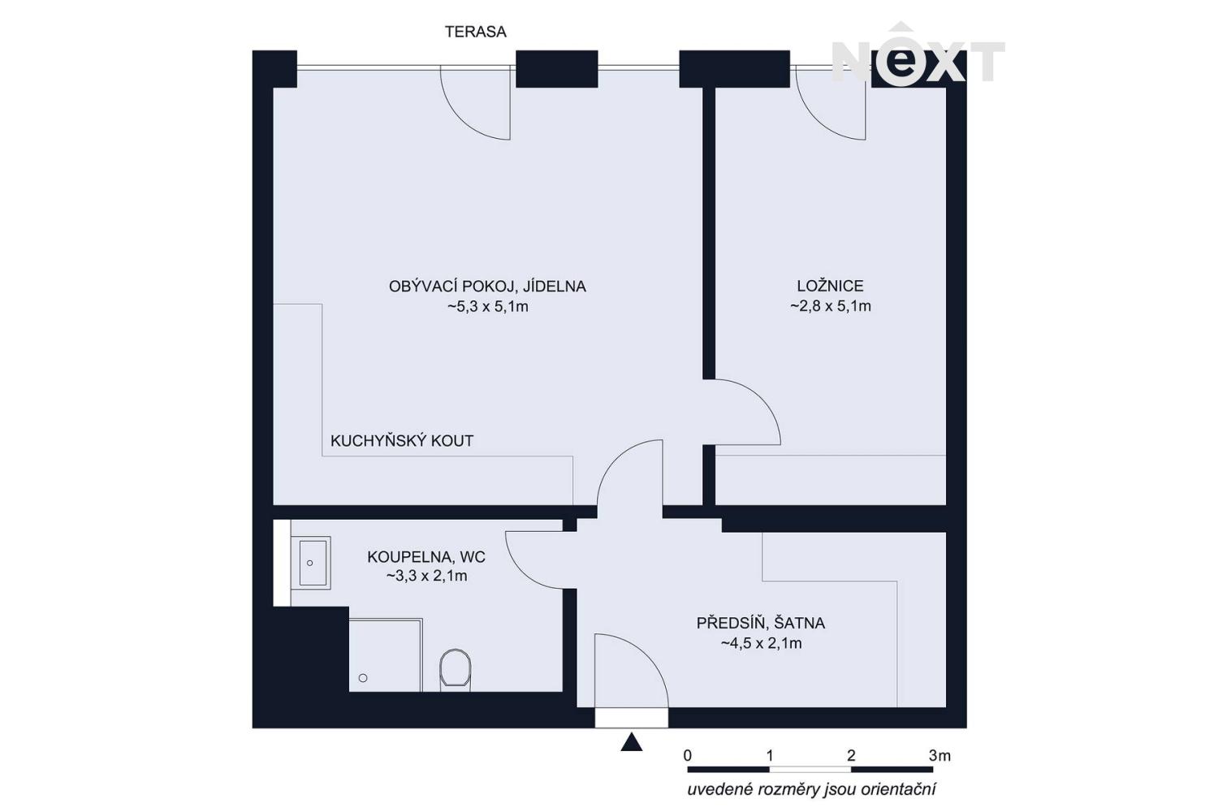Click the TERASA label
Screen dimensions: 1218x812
(x=475, y=32)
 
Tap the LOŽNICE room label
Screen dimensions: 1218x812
(x=830, y=286)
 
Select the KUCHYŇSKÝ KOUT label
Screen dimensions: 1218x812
(x=402, y=441)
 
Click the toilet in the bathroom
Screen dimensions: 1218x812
(x=455, y=668)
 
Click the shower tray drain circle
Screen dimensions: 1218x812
(x=363, y=678)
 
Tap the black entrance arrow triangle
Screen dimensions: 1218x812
(x=631, y=742)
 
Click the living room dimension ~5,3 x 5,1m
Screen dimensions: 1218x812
(x=488, y=307)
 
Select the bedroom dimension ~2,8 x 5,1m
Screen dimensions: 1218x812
(x=831, y=306)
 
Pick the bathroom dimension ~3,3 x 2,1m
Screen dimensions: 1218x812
(x=427, y=576)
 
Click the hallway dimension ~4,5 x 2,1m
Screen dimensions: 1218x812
(x=762, y=643)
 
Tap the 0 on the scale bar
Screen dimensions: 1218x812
(x=688, y=755)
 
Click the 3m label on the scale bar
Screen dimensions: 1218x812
(x=939, y=755)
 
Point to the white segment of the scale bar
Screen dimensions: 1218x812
(x=810, y=770)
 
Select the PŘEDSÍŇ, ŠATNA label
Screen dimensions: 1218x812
(x=761, y=623)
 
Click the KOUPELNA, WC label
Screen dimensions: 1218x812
(x=426, y=557)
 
